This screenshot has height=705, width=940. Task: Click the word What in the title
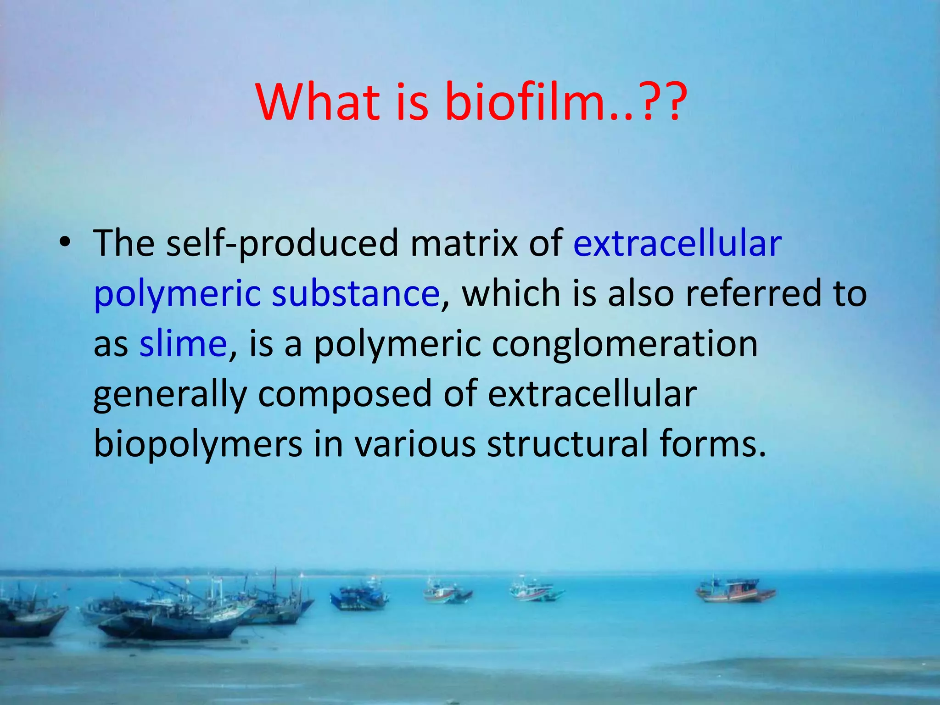[319, 102]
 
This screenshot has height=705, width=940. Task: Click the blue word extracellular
[677, 243]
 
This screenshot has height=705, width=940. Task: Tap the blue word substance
[356, 293]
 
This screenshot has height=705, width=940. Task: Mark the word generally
[170, 395]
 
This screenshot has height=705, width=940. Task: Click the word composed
[345, 395]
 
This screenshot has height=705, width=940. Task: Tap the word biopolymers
[198, 444]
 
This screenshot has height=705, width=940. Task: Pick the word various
[415, 443]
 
